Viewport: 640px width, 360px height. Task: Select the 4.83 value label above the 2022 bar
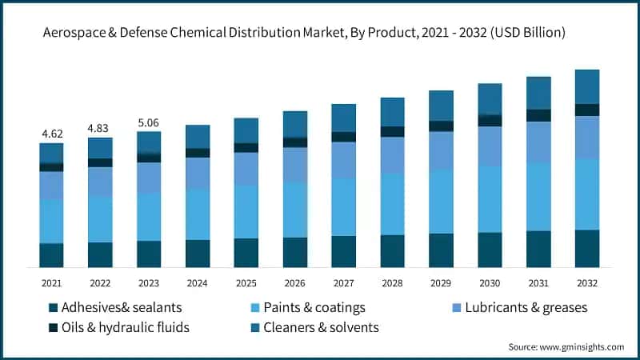tap(100, 127)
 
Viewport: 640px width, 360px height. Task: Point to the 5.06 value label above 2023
tap(149, 122)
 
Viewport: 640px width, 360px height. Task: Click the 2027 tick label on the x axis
tap(343, 282)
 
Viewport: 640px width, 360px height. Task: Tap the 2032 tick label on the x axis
tap(587, 282)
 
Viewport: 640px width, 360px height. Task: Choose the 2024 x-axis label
tap(197, 282)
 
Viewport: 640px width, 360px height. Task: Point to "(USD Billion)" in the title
tap(521, 33)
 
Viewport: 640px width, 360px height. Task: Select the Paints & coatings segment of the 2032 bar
tap(587, 194)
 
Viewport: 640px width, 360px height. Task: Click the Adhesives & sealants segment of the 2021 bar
tap(51, 254)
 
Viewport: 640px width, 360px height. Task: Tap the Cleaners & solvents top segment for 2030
tap(490, 98)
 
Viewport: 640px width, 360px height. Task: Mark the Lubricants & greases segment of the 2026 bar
tap(294, 164)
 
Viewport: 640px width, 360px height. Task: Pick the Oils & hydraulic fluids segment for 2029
tap(441, 126)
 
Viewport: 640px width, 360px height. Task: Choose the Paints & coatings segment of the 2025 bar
tap(246, 211)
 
